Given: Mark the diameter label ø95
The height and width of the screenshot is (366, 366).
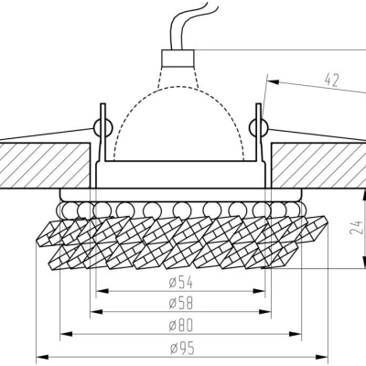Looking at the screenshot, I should [183, 350].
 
